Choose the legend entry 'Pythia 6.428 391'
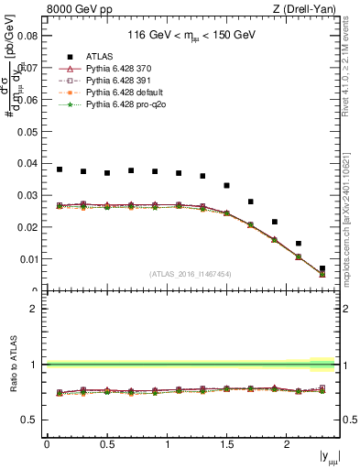point(122,81)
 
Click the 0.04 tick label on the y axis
point(27,163)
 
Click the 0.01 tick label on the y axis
point(27,259)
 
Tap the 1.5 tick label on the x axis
point(226,444)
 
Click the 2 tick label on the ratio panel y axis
point(33,309)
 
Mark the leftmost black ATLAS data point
point(60,169)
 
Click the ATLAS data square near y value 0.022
point(274,222)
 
